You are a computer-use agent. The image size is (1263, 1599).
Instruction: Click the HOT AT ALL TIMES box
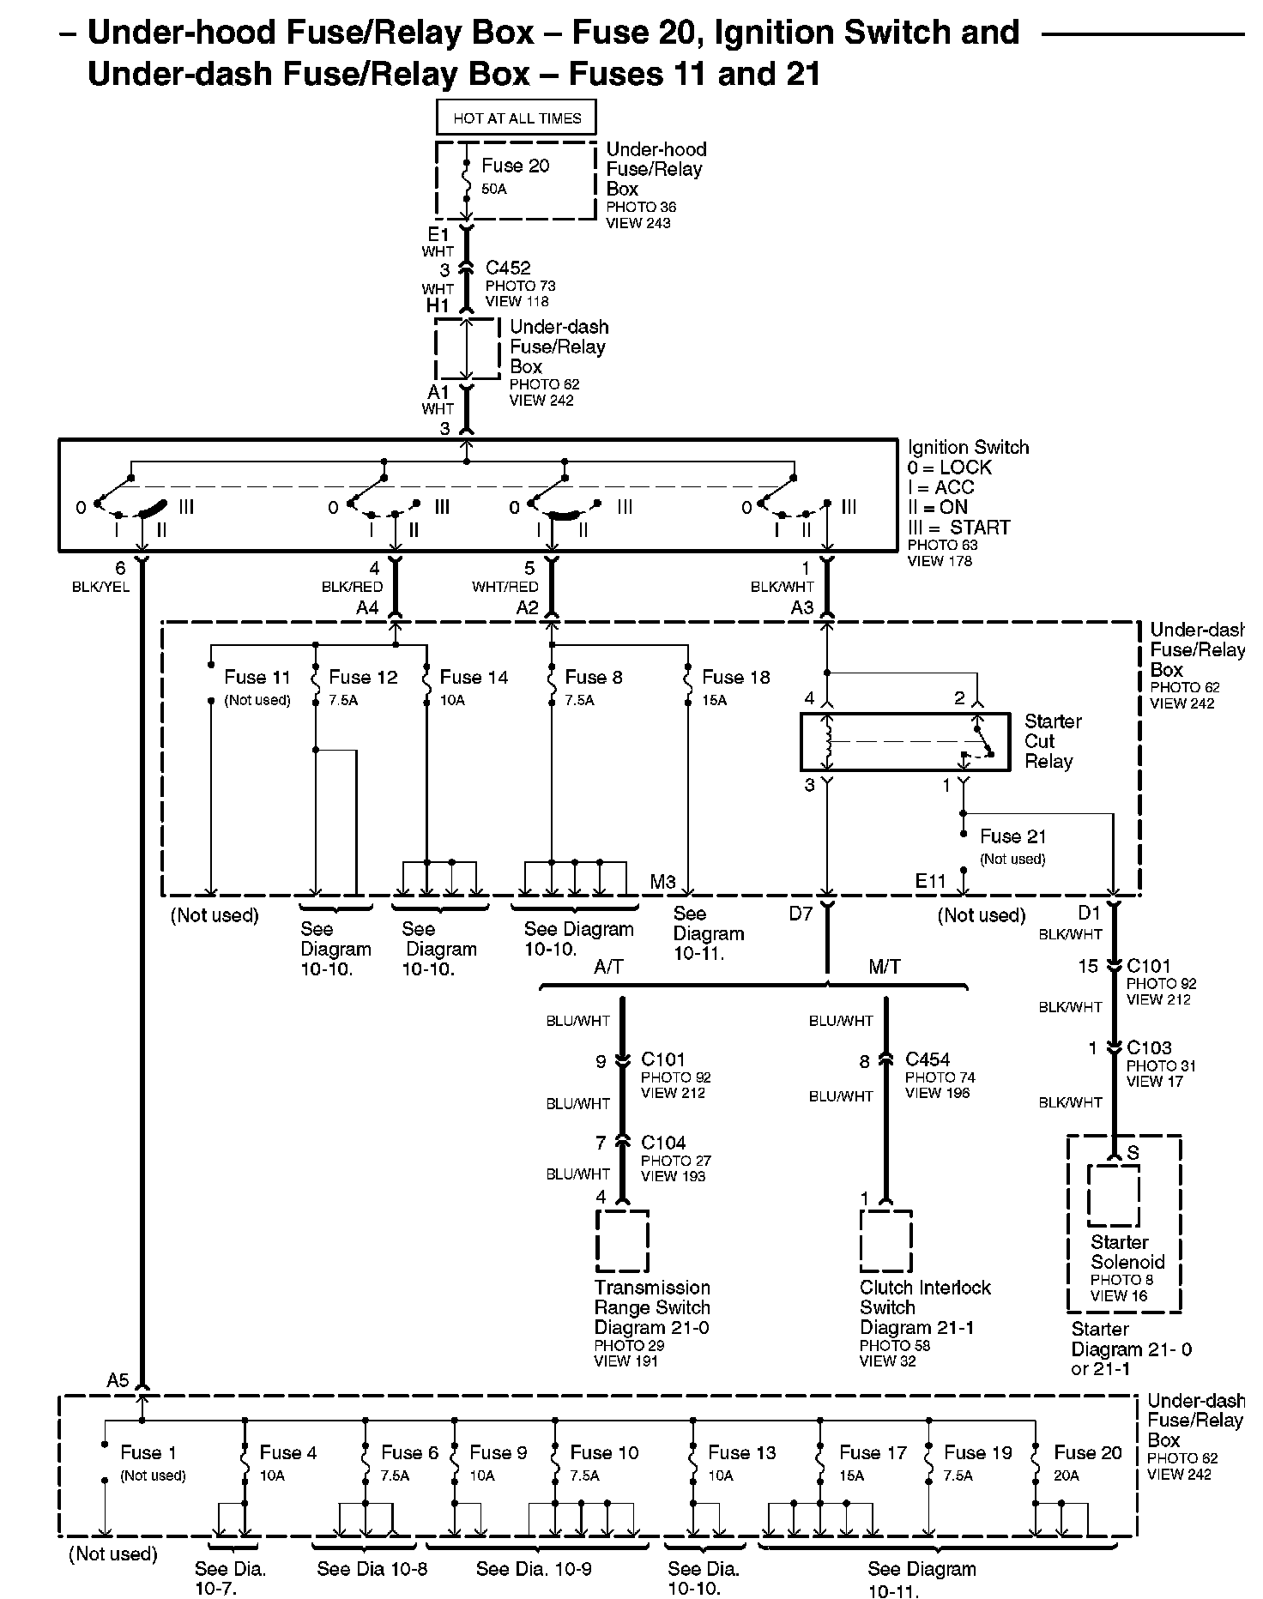517,118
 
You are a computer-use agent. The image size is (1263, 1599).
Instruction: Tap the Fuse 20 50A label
515,175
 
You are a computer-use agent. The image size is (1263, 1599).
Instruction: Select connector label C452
508,268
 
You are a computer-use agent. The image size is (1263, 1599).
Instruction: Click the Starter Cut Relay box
905,741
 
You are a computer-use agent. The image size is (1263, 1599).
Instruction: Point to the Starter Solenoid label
1127,1252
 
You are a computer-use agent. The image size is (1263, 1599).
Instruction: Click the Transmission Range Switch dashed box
622,1240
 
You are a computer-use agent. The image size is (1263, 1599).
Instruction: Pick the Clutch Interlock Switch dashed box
886,1240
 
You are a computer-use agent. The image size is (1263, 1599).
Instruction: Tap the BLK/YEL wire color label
101,588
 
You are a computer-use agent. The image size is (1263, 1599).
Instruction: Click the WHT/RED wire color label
505,587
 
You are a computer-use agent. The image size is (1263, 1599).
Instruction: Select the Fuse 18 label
736,677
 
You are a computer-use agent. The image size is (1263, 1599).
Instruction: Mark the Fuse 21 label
1013,836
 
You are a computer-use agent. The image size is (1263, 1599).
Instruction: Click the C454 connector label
928,1059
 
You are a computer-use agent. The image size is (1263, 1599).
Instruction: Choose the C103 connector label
1149,1047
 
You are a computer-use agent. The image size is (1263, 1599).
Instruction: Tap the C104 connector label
663,1143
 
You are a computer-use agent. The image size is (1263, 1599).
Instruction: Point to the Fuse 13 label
742,1452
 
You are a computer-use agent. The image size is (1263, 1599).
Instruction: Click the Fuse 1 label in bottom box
148,1452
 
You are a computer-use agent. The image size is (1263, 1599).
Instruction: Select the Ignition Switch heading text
969,447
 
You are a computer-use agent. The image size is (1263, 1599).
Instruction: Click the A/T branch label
608,967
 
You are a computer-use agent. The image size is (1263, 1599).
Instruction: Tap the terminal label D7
801,914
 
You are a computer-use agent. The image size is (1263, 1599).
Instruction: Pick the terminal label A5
118,1380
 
